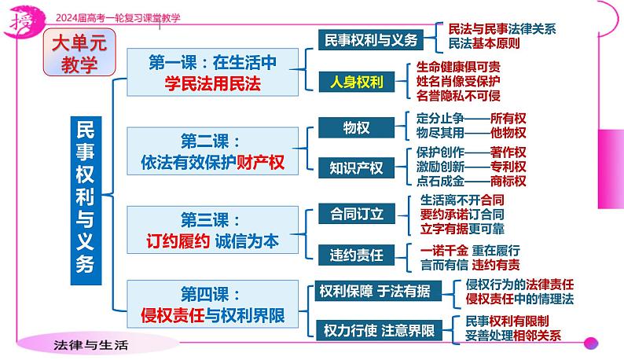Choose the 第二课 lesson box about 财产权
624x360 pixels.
pos(211,152)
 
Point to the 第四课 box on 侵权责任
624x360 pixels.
pos(211,306)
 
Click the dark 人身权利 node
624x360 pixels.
pos(356,81)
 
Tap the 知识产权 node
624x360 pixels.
pos(356,167)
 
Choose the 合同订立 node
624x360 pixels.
pos(356,213)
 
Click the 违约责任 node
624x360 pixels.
pos(356,253)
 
